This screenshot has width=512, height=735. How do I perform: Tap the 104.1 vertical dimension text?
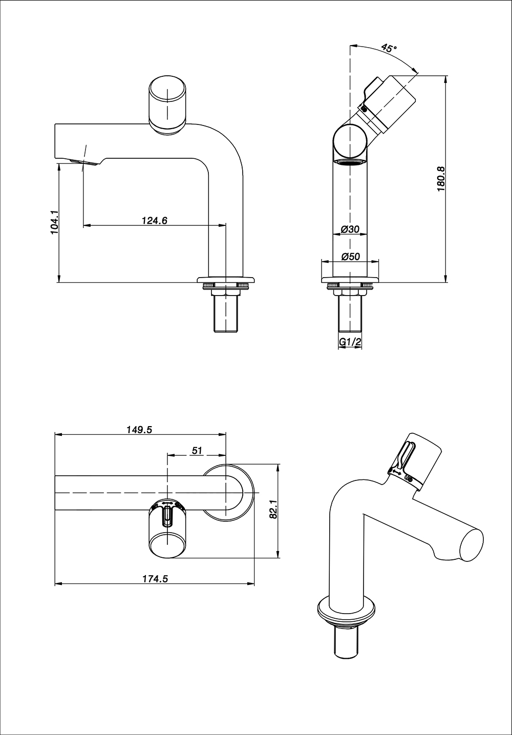tap(56, 222)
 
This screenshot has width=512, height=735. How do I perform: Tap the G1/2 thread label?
tap(350, 342)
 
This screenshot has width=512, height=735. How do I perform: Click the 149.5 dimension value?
tap(139, 430)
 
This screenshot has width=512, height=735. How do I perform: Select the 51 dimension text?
tap(197, 451)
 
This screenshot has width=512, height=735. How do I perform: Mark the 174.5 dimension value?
tap(155, 578)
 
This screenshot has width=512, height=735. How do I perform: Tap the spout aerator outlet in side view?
tap(84, 162)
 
